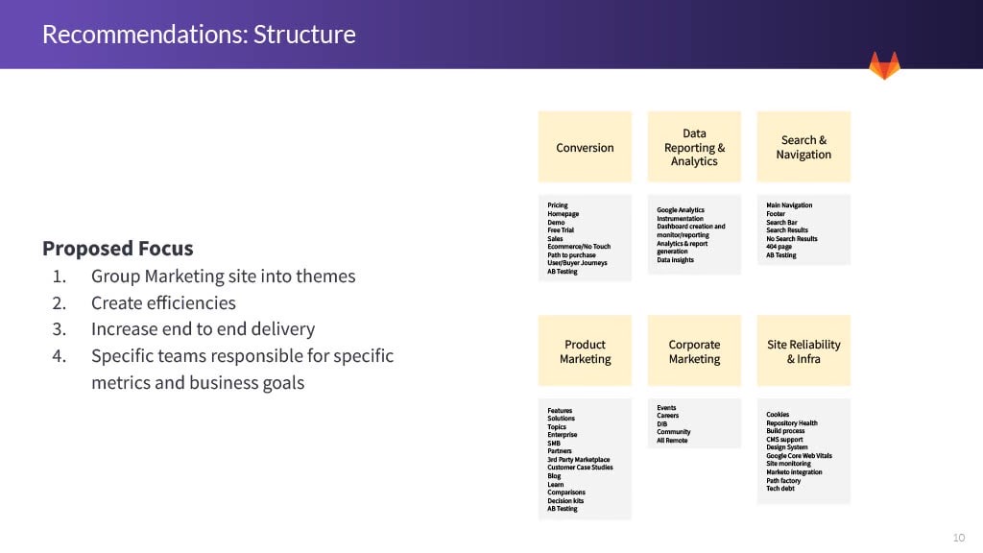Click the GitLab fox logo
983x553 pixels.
point(884,65)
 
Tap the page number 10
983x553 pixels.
point(959,536)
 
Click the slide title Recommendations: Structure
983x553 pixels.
point(199,35)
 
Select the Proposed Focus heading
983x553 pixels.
point(117,249)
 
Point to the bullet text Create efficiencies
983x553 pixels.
point(163,302)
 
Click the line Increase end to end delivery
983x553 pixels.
point(203,328)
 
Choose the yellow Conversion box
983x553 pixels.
point(585,147)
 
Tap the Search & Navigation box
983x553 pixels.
point(803,147)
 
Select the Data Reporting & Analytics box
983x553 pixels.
point(694,147)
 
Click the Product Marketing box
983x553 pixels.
point(585,351)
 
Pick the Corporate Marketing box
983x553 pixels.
point(694,351)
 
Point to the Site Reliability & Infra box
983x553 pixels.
point(803,351)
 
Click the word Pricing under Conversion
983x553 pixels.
point(558,205)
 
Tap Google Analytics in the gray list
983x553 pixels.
point(681,209)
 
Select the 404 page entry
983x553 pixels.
point(779,247)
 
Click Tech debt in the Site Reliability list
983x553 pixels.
point(780,489)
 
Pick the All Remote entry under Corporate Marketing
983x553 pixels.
point(672,441)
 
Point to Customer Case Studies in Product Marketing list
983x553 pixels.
point(579,468)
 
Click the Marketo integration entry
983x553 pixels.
point(794,472)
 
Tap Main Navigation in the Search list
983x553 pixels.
point(789,205)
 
